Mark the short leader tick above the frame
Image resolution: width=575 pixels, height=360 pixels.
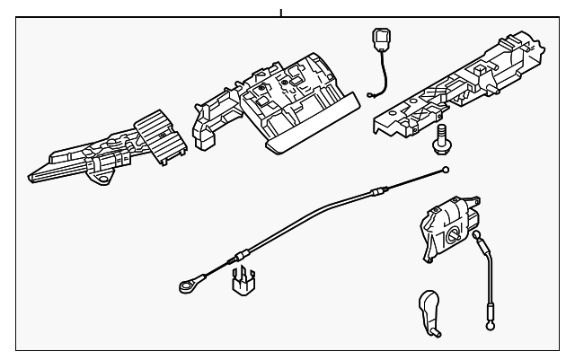click(x=281, y=13)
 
